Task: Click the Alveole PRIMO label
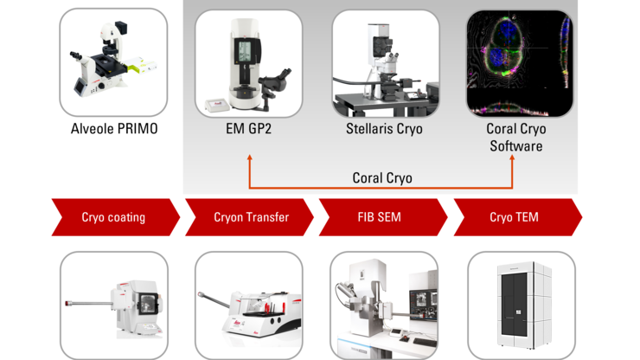coord(114,129)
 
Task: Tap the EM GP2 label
coord(248,129)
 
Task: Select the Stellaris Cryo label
coord(384,129)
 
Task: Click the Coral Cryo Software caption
coord(516,138)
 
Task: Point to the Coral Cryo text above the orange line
coord(382,177)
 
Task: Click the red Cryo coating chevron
coord(116,217)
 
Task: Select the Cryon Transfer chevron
coord(249,217)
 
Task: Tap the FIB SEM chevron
coord(383,217)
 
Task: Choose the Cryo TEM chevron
coord(518,217)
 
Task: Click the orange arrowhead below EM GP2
coord(249,157)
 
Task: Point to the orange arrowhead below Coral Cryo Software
coord(512,157)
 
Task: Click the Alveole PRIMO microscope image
coord(113,62)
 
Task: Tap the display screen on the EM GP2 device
coord(244,51)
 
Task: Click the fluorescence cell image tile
coord(520,63)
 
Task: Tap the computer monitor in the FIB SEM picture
coord(423,305)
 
